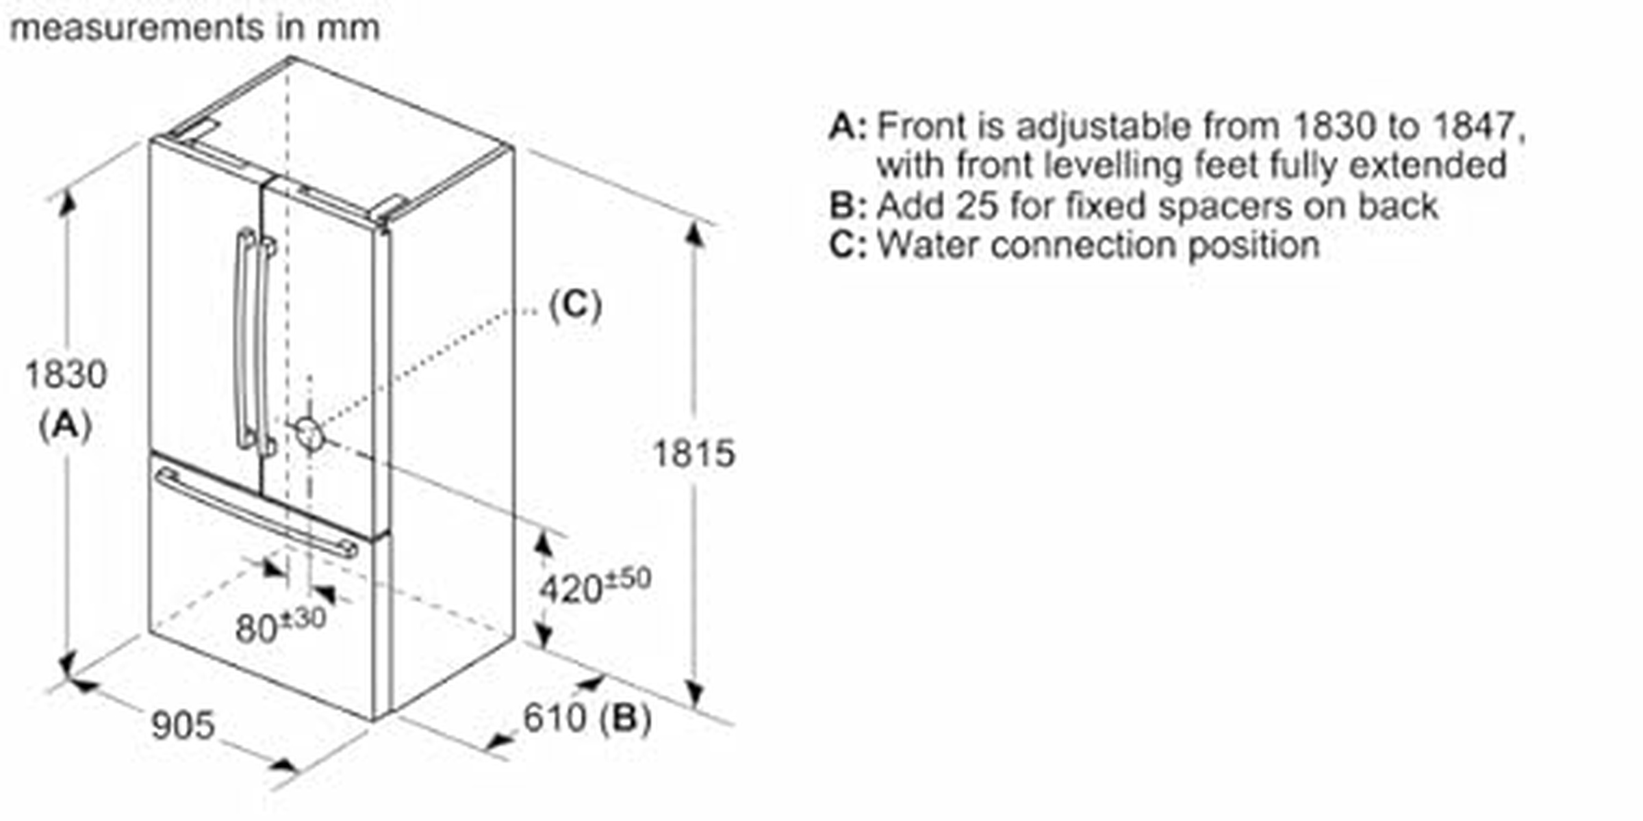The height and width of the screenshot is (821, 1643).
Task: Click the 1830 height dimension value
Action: click(x=66, y=375)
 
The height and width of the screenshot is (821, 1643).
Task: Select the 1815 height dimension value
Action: click(x=693, y=454)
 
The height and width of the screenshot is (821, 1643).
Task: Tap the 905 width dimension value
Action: click(x=183, y=725)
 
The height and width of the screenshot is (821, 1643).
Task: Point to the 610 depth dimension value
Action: click(x=555, y=718)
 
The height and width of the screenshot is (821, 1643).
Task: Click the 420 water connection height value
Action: click(x=570, y=589)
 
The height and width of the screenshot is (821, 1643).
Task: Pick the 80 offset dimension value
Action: click(x=255, y=629)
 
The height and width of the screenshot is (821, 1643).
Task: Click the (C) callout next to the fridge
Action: click(x=575, y=305)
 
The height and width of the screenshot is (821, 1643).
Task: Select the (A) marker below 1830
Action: click(x=65, y=426)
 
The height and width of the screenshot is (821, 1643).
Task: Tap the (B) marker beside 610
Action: click(x=625, y=718)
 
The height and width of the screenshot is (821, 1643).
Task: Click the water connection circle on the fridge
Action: click(x=309, y=432)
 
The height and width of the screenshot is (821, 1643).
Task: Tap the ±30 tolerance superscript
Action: click(x=303, y=618)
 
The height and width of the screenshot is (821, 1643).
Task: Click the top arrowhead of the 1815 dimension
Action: click(x=695, y=234)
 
